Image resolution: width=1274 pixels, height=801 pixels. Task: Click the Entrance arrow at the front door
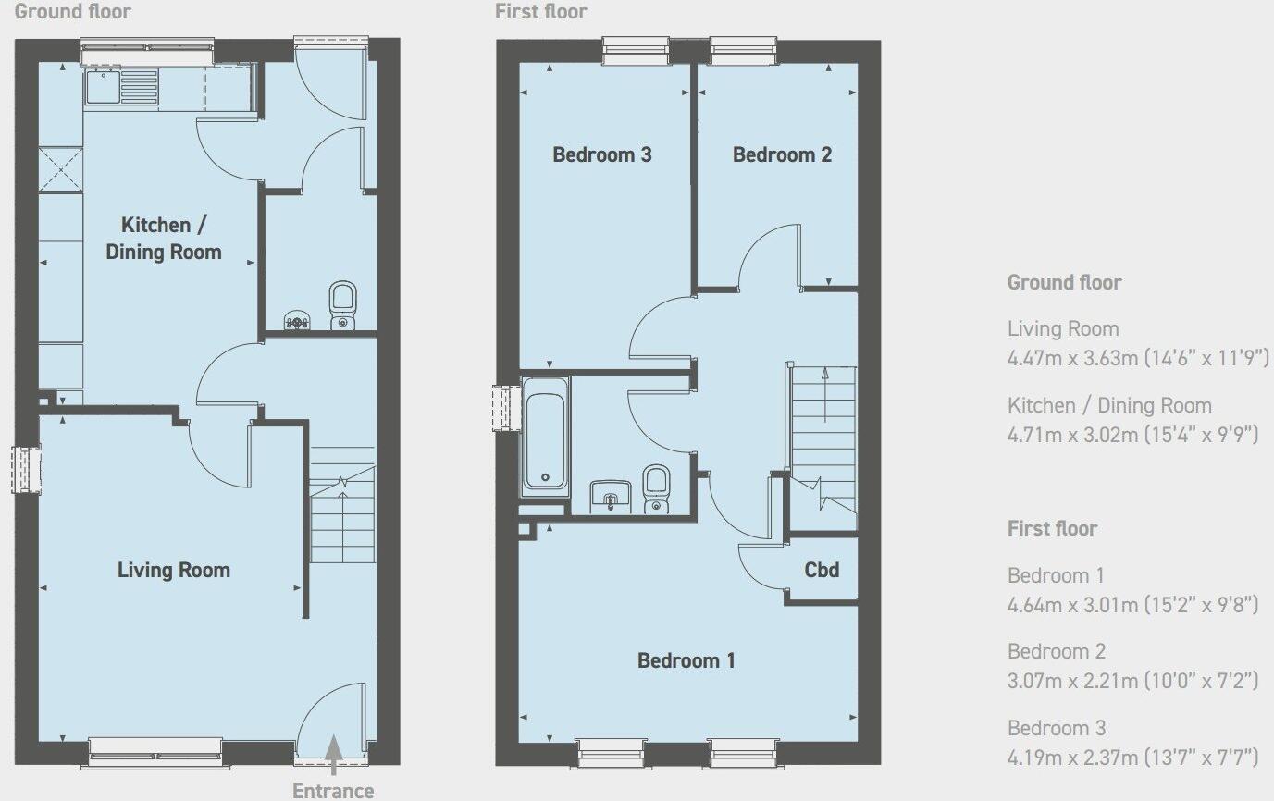click(x=333, y=755)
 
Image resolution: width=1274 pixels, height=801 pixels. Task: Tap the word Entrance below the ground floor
click(x=333, y=791)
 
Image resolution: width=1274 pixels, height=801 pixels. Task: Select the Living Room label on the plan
click(x=174, y=570)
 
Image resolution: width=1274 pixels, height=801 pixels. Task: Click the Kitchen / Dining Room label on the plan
click(x=164, y=238)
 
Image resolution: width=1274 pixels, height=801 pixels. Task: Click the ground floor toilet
click(x=343, y=304)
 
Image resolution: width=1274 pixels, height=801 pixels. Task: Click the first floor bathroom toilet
click(x=656, y=487)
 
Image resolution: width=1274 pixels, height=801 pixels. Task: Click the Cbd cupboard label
click(x=822, y=570)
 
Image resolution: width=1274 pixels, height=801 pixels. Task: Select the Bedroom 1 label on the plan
click(x=686, y=660)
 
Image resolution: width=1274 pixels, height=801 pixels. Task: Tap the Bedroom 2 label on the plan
click(x=782, y=154)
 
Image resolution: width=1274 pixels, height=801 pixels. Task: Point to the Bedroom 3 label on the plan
click(x=602, y=154)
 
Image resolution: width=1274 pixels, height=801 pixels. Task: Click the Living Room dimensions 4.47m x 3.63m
click(x=1138, y=358)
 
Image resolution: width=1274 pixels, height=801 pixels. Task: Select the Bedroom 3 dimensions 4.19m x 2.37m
click(x=1132, y=758)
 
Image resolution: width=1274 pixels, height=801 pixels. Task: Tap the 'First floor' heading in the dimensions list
click(x=1052, y=528)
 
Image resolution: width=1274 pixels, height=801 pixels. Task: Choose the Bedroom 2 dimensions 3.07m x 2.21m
click(x=1132, y=681)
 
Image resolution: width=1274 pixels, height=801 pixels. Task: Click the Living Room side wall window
click(x=27, y=469)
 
